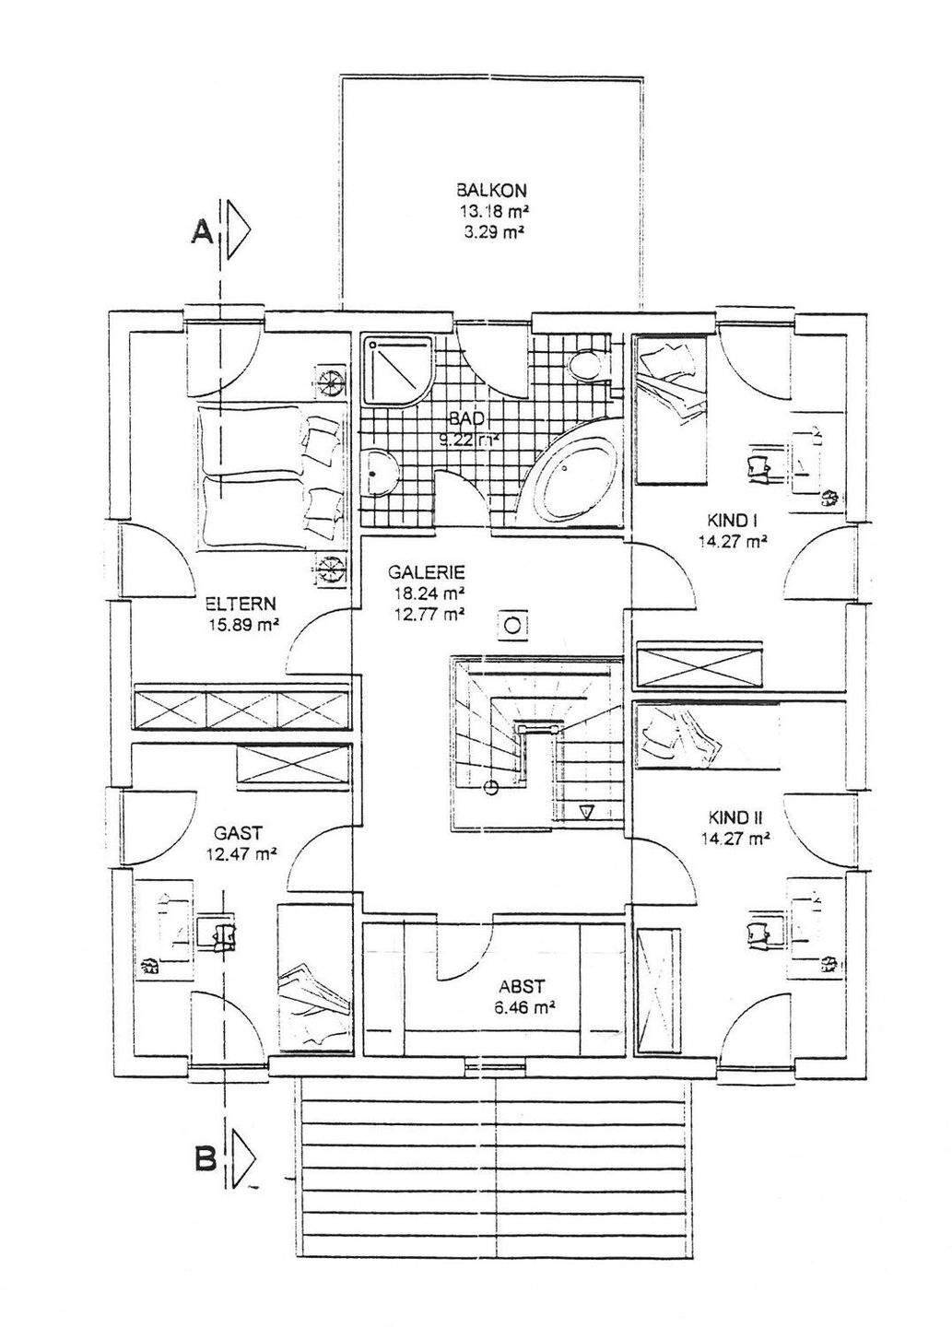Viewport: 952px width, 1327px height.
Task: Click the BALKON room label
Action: pos(491,191)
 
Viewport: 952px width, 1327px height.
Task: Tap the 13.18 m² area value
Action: pos(491,212)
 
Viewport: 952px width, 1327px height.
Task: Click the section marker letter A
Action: pos(202,234)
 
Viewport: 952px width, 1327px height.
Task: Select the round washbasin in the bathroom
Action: pos(378,473)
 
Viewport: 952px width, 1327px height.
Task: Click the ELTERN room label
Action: pos(241,605)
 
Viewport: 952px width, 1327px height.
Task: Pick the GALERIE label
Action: pos(425,571)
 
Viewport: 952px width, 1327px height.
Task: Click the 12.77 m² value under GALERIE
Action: pos(425,613)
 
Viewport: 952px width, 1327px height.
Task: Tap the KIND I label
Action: pos(732,523)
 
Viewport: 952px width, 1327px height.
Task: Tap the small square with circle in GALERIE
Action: pos(513,626)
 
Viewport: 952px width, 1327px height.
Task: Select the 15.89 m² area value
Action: pos(243,626)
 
